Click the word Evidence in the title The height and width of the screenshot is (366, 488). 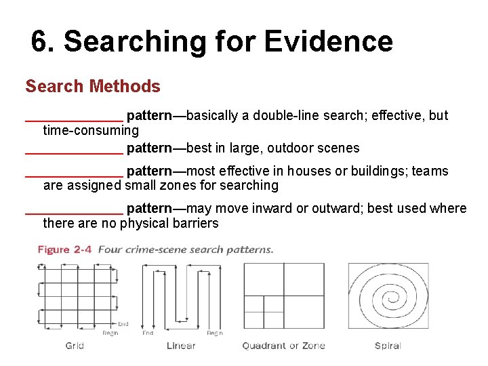click(328, 42)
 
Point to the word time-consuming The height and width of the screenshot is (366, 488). click(91, 130)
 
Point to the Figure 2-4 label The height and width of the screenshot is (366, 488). click(65, 249)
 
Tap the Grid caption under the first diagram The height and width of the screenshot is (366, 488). click(75, 346)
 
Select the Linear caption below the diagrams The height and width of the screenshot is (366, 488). click(181, 346)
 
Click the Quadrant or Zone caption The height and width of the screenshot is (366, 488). click(283, 346)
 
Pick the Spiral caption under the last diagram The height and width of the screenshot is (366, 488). click(388, 346)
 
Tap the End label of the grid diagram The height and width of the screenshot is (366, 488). click(123, 324)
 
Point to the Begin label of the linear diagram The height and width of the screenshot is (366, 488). click(215, 333)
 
